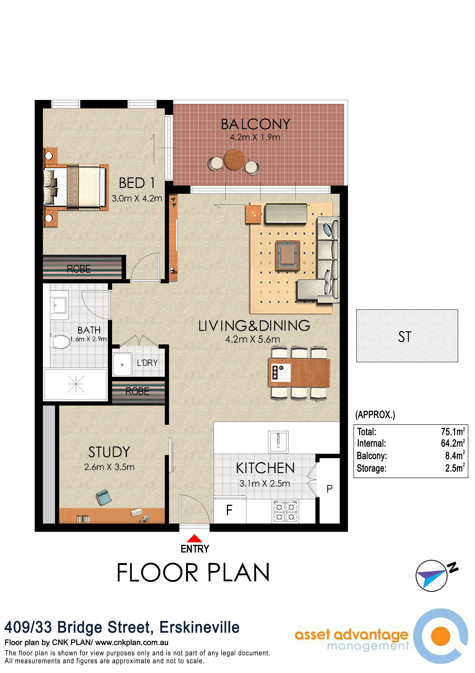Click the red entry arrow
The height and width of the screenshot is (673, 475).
click(194, 538)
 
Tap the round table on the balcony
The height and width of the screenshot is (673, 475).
click(234, 159)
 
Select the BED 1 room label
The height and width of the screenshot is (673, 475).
click(137, 183)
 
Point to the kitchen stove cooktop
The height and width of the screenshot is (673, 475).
click(285, 511)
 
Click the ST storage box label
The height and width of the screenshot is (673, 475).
click(405, 337)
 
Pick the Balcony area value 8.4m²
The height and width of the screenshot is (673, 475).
click(455, 455)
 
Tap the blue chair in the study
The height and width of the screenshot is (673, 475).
click(104, 497)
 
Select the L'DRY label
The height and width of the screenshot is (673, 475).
click(147, 363)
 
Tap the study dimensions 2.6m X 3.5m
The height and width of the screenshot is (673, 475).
click(109, 467)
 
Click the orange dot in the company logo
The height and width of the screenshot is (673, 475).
click(441, 636)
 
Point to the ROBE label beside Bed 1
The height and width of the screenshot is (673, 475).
click(79, 269)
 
